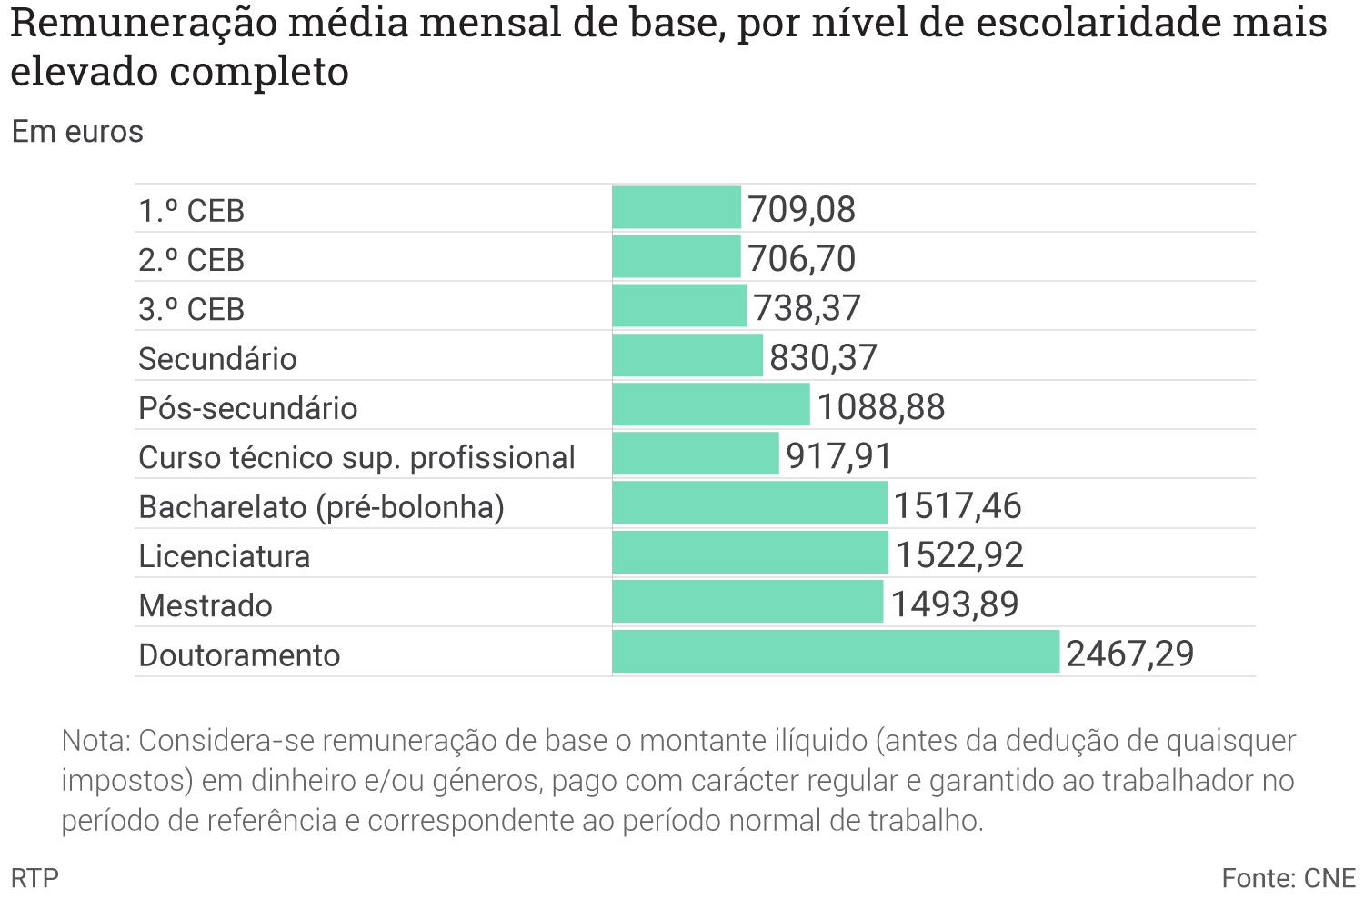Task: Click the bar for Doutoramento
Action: coord(836,652)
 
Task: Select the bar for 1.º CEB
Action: coord(677,207)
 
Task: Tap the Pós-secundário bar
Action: coord(710,405)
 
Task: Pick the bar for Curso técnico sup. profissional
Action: coord(696,454)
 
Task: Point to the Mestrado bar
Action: coord(747,602)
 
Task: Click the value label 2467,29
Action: coord(1129,654)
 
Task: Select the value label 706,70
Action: coord(801,259)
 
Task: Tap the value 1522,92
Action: coord(959,554)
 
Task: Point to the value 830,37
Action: coord(823,357)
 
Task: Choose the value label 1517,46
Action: coord(958,505)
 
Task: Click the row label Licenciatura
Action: coord(224,556)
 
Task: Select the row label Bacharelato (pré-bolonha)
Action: coord(321,507)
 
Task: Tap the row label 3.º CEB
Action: coord(191,309)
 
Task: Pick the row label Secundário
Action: coord(217,359)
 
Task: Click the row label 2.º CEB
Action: coord(191,260)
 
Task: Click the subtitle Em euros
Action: coord(77,132)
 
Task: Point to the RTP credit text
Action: coord(35,878)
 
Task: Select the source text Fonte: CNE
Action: coord(1288,878)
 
